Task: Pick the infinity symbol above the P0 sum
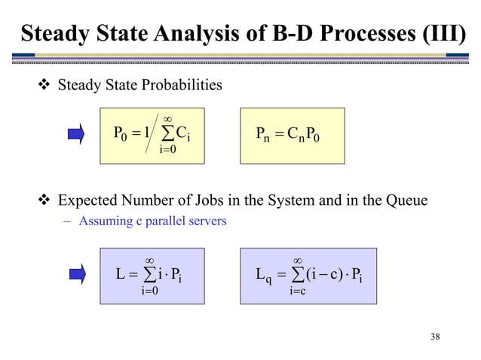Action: click(167, 118)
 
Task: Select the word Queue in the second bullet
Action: click(406, 201)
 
